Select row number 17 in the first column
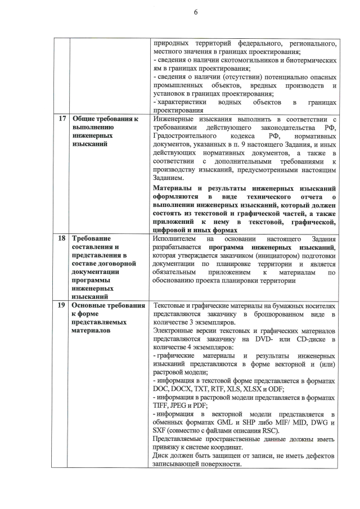click(x=61, y=119)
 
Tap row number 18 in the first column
click(x=61, y=238)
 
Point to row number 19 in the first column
click(x=61, y=305)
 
